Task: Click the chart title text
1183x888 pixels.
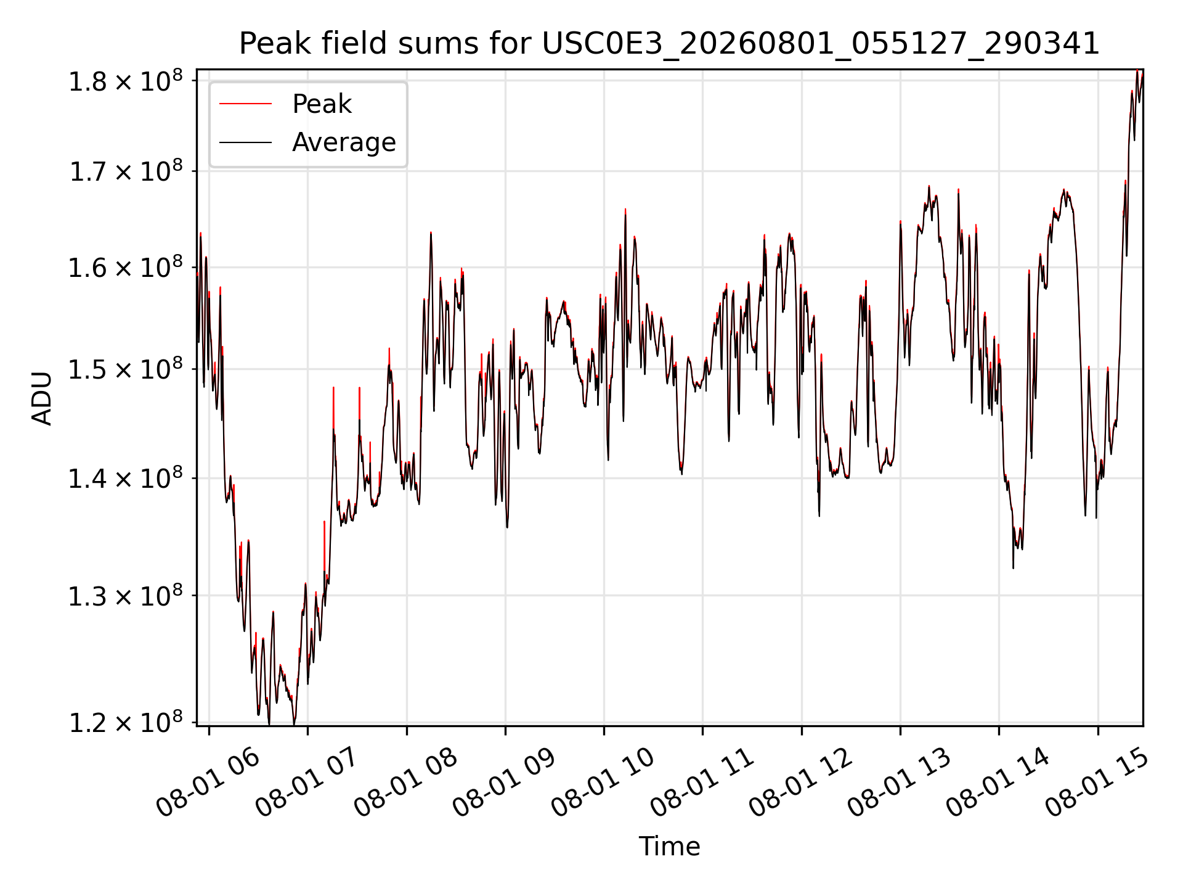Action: pyautogui.click(x=669, y=44)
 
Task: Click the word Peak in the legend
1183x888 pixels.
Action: pyautogui.click(x=322, y=104)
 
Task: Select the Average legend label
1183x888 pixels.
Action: pyautogui.click(x=344, y=142)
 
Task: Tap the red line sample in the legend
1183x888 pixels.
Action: pyautogui.click(x=245, y=104)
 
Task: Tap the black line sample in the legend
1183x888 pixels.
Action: pyautogui.click(x=245, y=142)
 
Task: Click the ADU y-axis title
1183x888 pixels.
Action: pyautogui.click(x=42, y=398)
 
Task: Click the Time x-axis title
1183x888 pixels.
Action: pyautogui.click(x=669, y=847)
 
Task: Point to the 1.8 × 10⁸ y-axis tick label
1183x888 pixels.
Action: pyautogui.click(x=126, y=81)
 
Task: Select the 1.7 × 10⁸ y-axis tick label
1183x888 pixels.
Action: pyautogui.click(x=126, y=171)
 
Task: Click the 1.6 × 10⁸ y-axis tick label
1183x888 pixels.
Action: pyautogui.click(x=126, y=268)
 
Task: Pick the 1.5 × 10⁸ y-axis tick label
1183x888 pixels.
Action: pyautogui.click(x=126, y=370)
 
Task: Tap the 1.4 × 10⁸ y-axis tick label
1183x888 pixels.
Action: pyautogui.click(x=126, y=479)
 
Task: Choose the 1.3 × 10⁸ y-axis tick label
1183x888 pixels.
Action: pyautogui.click(x=126, y=596)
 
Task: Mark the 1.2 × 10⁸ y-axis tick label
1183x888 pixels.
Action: pyautogui.click(x=126, y=723)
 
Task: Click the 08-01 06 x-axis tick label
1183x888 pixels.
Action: pyautogui.click(x=207, y=783)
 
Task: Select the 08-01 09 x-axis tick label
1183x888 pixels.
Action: pyautogui.click(x=503, y=783)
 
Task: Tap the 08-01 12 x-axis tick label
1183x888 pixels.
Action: pyautogui.click(x=800, y=783)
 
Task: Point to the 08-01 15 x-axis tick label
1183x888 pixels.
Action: pyautogui.click(x=1096, y=783)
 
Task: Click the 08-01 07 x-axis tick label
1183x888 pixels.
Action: pyautogui.click(x=306, y=783)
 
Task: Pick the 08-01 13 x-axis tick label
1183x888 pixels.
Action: pyautogui.click(x=898, y=783)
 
